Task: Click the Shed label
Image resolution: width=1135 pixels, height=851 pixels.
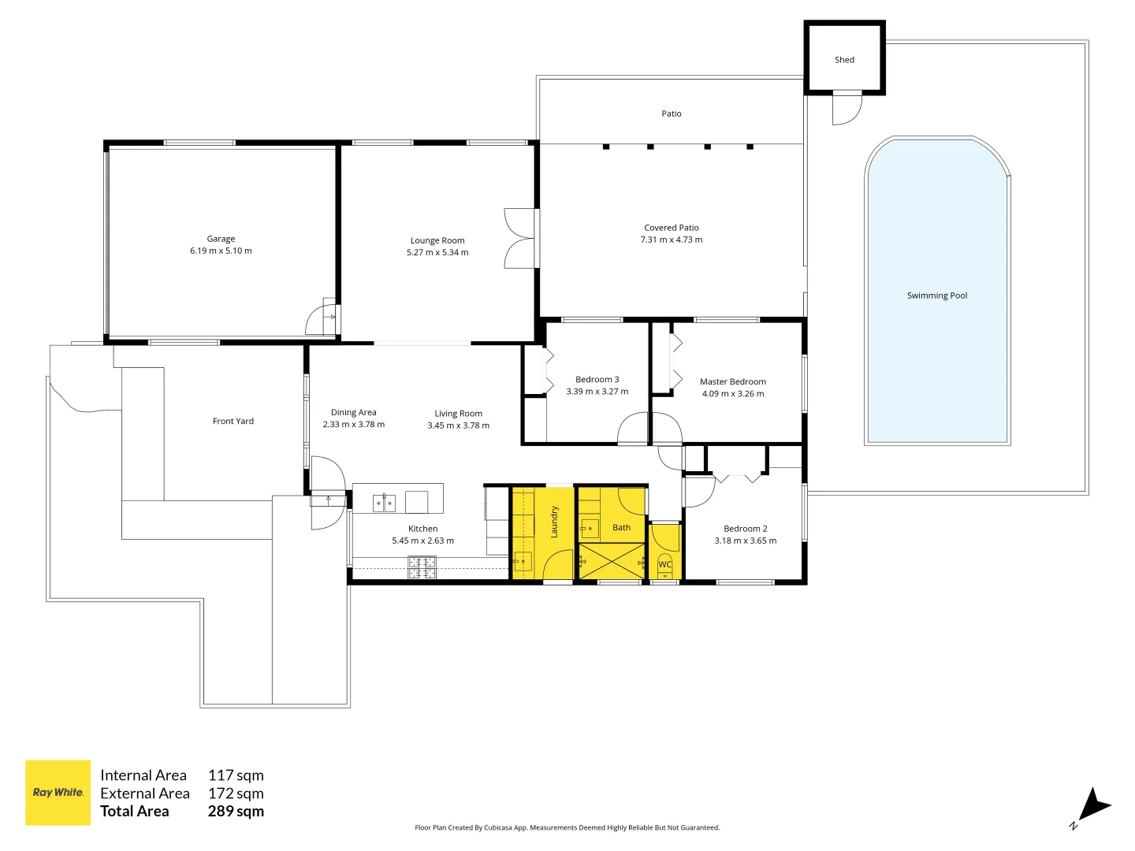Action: point(844,60)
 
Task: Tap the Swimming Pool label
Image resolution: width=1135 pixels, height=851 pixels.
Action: point(936,295)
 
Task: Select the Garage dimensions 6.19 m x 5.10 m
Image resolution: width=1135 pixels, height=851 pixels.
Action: point(221,251)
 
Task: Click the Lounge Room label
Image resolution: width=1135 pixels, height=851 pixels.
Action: point(437,241)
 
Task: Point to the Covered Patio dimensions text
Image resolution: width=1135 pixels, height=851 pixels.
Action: point(672,240)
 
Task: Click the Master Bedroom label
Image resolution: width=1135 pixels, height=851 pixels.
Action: point(733,382)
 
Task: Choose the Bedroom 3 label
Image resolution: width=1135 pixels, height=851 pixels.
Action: point(597,380)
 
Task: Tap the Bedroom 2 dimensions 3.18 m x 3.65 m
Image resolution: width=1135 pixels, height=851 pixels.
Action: point(745,541)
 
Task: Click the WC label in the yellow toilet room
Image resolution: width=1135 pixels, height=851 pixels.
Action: point(664,564)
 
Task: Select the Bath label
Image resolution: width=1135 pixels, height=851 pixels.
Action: point(621,528)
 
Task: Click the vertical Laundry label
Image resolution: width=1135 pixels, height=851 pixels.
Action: point(554,522)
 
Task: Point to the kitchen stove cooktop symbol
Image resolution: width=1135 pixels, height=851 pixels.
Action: point(422,567)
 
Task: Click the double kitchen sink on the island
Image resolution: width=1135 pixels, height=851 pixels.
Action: point(384,503)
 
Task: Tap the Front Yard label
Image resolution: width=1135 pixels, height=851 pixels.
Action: point(233,422)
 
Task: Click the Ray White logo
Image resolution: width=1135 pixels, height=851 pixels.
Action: point(58,793)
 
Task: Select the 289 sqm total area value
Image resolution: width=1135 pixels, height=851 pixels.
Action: point(236,812)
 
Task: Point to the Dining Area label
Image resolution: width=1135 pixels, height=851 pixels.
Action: point(354,412)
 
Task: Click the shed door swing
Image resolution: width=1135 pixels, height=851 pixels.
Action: point(847,108)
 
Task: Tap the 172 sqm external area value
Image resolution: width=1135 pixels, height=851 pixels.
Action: point(236,793)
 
